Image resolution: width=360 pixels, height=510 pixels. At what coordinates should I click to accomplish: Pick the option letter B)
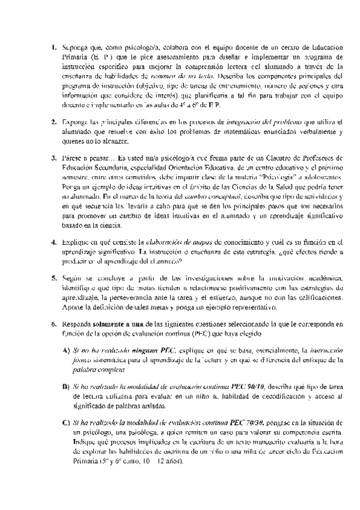[x=66, y=387]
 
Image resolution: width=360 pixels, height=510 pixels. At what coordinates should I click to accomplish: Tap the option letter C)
[x=66, y=423]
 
